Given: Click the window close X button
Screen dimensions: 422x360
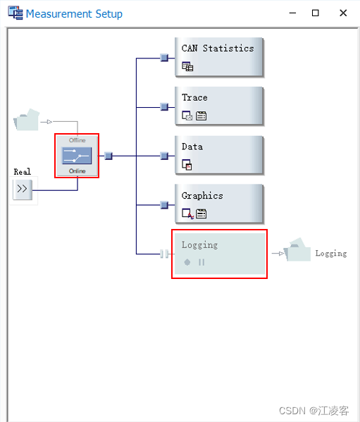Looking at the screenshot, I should coord(343,13).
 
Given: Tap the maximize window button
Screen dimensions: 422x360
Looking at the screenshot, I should coord(316,13).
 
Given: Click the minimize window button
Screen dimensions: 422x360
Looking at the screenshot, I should coord(288,13).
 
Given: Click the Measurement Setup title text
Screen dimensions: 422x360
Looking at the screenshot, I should coord(74,13).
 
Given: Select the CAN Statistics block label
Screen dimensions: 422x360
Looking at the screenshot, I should coord(218,49).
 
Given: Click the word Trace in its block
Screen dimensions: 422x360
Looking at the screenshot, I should coord(194,98).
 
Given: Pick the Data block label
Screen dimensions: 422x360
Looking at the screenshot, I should coord(192,147).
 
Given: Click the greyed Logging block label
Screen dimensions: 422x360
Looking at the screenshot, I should coord(199,245).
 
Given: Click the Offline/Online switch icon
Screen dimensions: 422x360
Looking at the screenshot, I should coord(77,156).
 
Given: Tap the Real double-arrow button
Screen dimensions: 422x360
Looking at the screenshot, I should coord(23,189).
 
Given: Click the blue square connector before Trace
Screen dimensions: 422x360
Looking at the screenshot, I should coord(164,107).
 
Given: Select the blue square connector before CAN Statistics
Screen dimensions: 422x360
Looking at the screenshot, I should coord(164,58).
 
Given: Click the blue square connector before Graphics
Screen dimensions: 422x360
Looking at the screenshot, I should coord(164,205).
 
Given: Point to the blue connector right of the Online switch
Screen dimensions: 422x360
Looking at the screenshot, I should coord(108,156).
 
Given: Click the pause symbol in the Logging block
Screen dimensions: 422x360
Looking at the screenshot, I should coord(201,262).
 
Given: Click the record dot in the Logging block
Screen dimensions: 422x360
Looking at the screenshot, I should coord(187,262).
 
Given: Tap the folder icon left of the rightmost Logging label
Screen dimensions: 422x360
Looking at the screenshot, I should coord(297,250).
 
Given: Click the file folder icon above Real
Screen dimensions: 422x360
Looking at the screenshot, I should coord(27,120).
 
